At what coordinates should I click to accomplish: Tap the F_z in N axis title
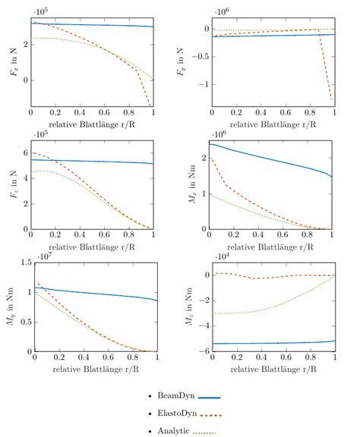13,184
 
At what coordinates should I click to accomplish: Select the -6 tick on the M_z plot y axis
203,352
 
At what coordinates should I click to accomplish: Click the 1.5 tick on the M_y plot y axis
20,263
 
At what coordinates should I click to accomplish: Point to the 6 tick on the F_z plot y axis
24,153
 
